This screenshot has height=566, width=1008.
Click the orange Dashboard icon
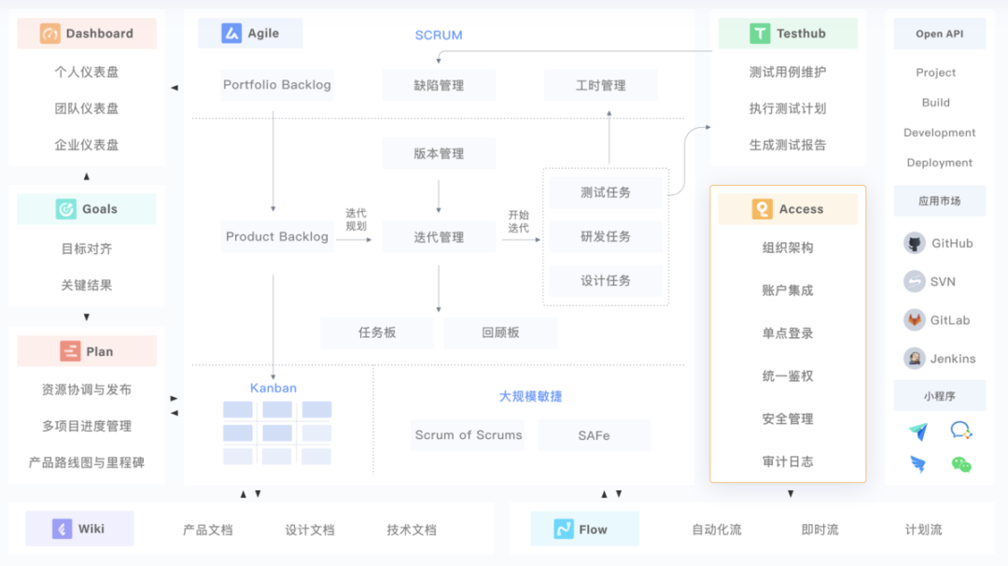(49, 34)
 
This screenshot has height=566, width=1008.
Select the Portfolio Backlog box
(276, 85)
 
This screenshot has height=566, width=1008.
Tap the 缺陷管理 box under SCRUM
(439, 85)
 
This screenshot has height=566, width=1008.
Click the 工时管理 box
(600, 85)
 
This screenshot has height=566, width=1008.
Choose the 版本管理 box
(439, 154)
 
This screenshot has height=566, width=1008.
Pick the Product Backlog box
(276, 237)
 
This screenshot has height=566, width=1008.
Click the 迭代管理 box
(439, 237)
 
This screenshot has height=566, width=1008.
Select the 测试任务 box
(606, 192)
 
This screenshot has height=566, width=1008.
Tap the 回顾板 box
(500, 333)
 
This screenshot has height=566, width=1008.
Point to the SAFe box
(594, 435)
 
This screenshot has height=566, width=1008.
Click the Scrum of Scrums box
(468, 435)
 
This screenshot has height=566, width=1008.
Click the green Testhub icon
(760, 34)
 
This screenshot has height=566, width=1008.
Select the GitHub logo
(915, 244)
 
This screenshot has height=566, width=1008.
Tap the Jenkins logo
(915, 359)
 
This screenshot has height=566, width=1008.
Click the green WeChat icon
(961, 463)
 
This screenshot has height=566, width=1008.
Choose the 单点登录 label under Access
(788, 333)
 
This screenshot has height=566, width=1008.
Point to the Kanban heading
(273, 388)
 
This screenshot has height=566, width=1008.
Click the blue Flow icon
(563, 530)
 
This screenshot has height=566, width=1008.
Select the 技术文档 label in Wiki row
(412, 530)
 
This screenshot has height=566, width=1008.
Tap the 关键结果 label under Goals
(87, 285)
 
